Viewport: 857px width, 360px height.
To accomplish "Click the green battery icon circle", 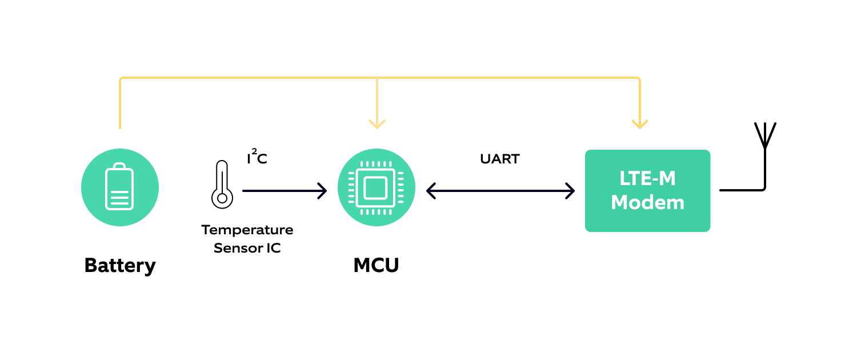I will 120,187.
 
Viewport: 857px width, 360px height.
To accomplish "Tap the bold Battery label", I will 120,266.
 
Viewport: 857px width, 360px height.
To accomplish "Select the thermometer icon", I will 222,184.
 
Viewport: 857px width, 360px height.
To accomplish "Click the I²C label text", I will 257,158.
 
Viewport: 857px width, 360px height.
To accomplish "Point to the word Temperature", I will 247,230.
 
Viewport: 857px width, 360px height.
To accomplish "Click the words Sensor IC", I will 247,249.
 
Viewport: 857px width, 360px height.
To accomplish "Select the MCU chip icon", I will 376,187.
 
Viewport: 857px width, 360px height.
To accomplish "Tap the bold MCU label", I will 376,266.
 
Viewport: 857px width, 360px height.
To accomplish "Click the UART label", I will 500,159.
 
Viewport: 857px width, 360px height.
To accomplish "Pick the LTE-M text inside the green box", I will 647,179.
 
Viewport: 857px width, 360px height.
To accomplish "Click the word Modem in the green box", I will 647,203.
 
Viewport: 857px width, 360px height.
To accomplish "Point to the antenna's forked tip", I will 764,133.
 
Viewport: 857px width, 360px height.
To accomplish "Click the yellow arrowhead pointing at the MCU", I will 377,124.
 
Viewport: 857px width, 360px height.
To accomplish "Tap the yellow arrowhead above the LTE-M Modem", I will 639,124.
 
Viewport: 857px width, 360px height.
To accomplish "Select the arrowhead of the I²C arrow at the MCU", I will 323,191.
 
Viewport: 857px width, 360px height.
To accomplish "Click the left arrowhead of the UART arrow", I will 431,191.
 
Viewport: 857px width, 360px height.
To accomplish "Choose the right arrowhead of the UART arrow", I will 570,191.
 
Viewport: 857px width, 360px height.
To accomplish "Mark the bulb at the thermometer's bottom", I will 222,198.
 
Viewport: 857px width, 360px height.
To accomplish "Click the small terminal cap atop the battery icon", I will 119,166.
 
